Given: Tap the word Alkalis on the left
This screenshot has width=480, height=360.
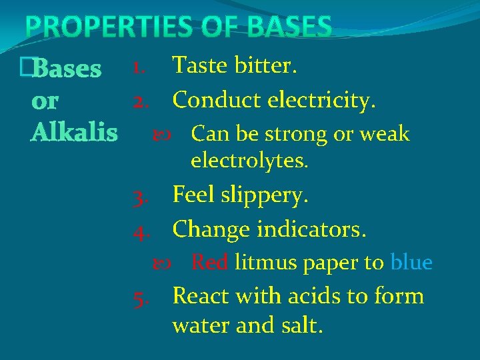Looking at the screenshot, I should coord(74,132).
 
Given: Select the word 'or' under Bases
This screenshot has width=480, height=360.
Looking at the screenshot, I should coord(45,101).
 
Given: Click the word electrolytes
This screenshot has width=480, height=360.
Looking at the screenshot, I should coord(249,160).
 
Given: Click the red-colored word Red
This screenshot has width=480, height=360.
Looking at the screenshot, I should coord(209,263).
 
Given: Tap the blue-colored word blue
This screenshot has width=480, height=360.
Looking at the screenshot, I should coord(411,263).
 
